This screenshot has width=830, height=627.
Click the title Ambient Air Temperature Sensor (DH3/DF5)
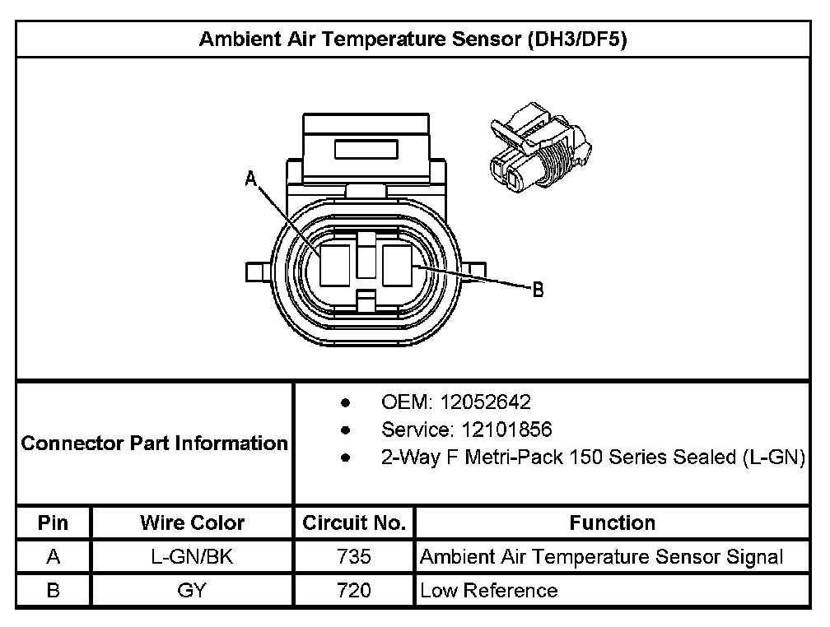point(413,40)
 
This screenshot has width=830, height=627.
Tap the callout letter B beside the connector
point(537,290)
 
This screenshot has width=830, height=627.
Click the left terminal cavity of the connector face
point(336,263)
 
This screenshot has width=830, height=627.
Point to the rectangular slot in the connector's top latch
point(367,151)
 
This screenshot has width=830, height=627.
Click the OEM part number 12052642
point(486,402)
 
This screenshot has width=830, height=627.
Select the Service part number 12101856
point(497,430)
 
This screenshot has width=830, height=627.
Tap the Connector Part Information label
point(155,444)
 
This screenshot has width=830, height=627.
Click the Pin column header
point(54,522)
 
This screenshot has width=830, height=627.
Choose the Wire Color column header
point(192,522)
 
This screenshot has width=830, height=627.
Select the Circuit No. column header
point(354,522)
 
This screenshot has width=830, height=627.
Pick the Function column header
point(612,522)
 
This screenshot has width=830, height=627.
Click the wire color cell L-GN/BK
point(192,557)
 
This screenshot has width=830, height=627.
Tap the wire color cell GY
point(192,590)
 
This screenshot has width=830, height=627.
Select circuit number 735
point(354,557)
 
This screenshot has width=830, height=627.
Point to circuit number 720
point(354,590)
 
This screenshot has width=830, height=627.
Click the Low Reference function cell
point(488,590)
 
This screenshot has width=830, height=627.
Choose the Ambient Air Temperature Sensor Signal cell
point(601,557)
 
